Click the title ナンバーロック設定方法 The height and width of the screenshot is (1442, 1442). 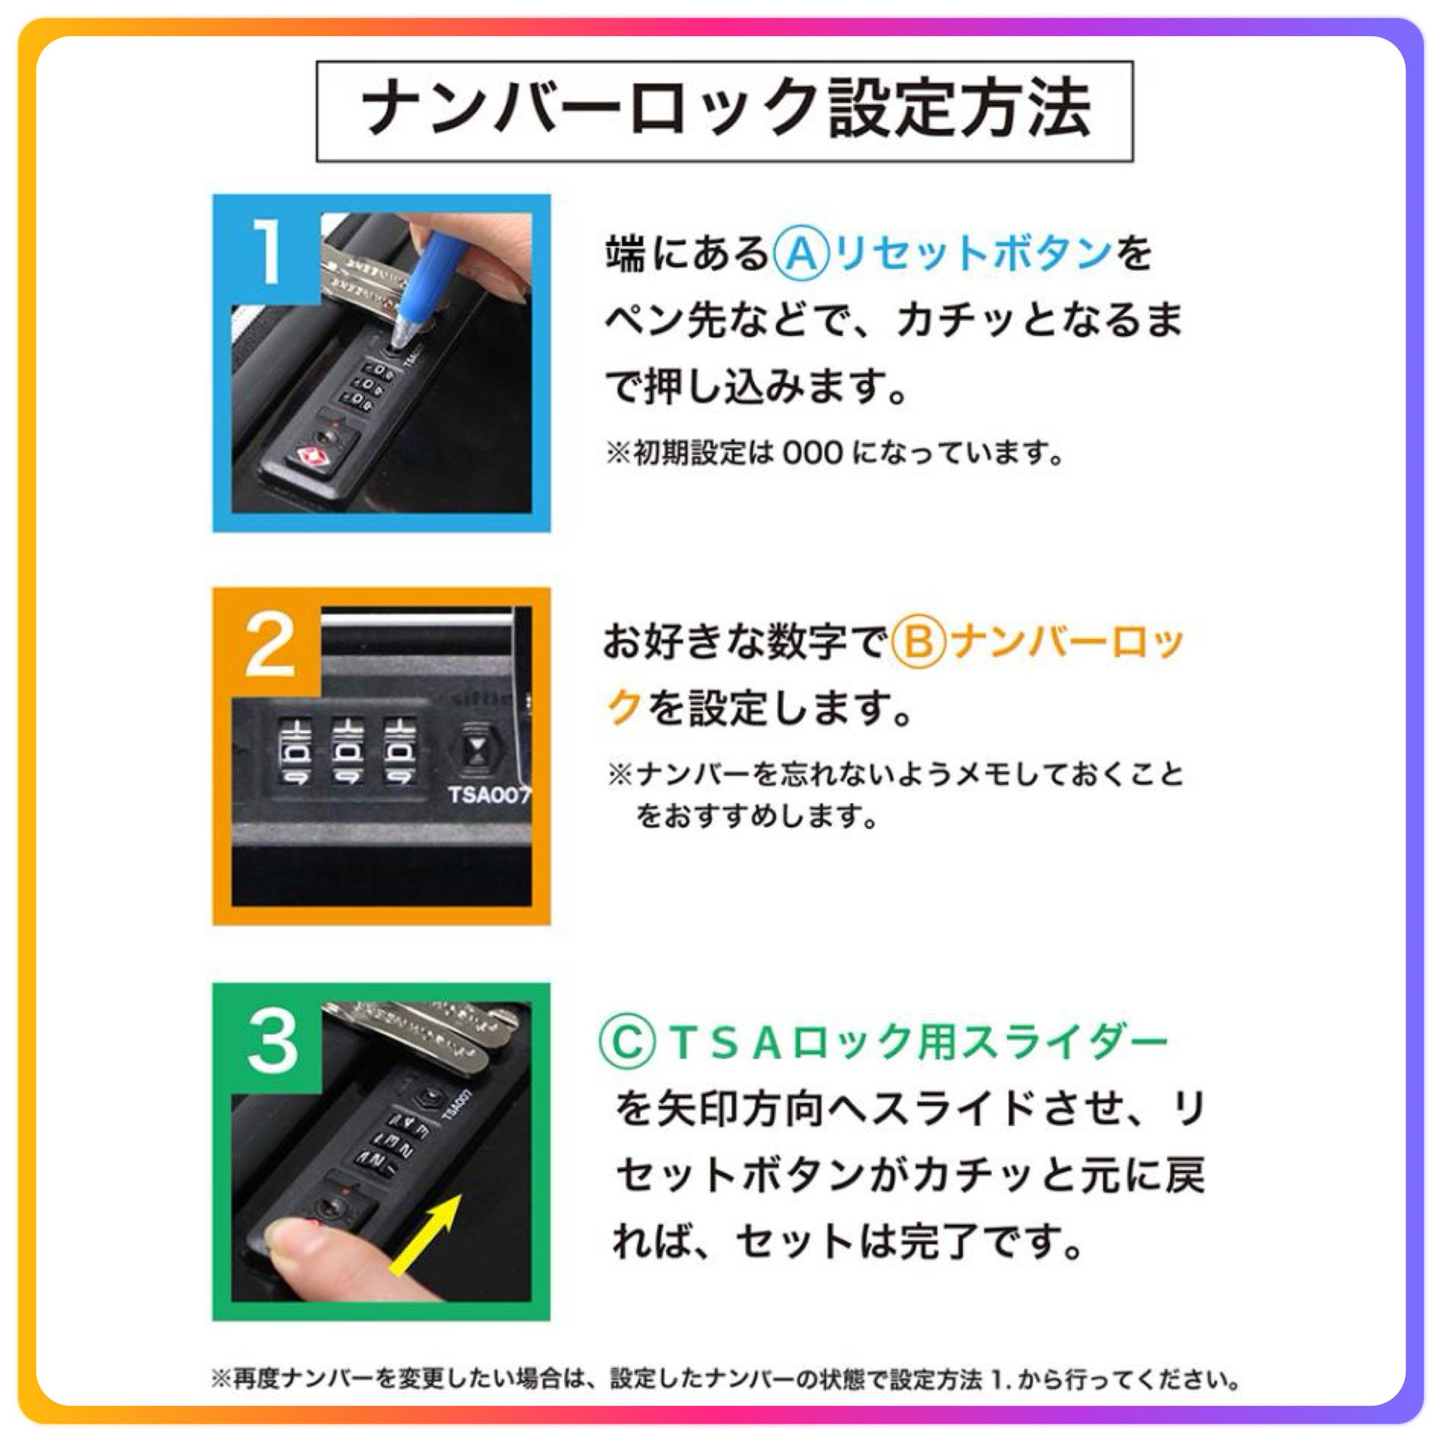[726, 110]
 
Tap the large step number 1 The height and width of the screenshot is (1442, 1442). [268, 252]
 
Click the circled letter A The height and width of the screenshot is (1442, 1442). [801, 253]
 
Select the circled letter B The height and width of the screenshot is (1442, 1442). [919, 644]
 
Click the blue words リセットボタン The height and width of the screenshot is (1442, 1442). [973, 253]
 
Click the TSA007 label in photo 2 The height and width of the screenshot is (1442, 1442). [489, 795]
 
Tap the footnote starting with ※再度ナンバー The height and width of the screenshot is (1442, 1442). [726, 1380]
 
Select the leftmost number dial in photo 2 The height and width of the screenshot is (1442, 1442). [295, 753]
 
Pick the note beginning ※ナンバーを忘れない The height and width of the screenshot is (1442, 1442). [895, 794]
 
